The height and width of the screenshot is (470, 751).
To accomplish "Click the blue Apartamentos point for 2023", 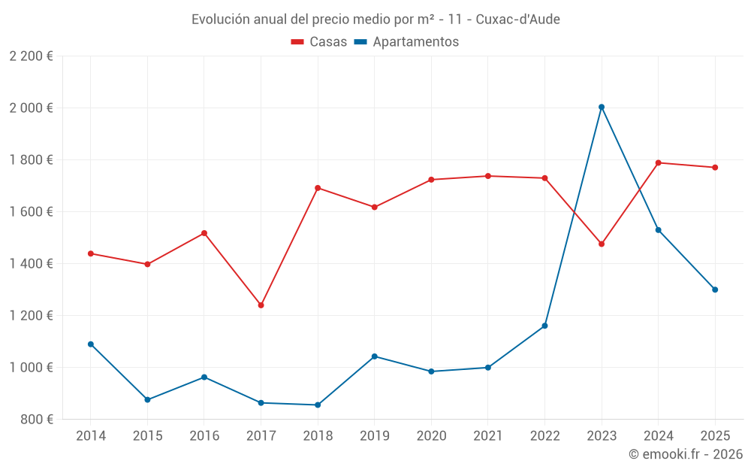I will click(x=602, y=107).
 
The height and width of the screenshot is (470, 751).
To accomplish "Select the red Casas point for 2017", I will click(x=261, y=305).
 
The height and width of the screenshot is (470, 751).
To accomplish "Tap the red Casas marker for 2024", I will click(x=659, y=162).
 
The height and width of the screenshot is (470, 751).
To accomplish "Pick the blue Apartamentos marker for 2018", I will click(x=318, y=405).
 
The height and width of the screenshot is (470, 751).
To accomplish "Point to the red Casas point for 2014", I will click(x=91, y=253).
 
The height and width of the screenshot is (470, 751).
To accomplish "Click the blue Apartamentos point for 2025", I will click(x=715, y=290).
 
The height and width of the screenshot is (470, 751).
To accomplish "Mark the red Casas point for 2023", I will click(x=602, y=244).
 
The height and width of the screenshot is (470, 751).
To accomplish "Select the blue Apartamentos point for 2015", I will click(x=147, y=400).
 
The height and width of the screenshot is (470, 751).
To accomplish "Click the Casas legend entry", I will click(x=319, y=42).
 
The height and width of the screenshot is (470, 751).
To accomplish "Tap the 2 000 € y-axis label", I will click(x=31, y=108).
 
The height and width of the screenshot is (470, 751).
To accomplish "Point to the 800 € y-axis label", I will click(x=36, y=420).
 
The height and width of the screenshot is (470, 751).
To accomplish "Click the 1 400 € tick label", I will click(x=31, y=264).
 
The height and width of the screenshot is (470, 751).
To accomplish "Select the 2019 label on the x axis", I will click(x=374, y=436).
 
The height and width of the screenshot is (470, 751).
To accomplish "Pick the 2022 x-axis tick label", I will click(x=544, y=436).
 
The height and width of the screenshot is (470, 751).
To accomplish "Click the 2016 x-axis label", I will click(x=204, y=436).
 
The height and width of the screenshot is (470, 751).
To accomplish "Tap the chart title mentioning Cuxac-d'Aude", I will click(x=375, y=19).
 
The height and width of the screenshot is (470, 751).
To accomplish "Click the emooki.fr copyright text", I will click(x=685, y=454).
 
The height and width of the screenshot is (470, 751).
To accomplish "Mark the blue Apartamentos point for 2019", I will click(x=374, y=356).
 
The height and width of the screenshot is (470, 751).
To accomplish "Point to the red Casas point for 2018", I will click(x=318, y=188).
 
